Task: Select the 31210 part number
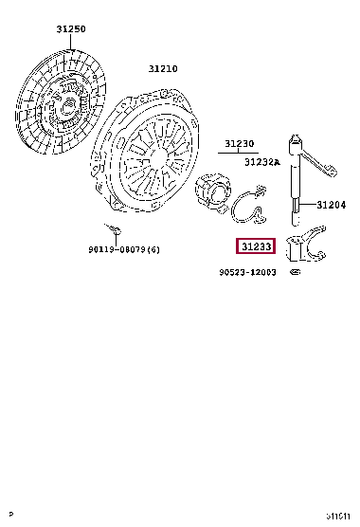coord(162,68)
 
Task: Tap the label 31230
coord(240,145)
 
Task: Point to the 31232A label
coord(262,162)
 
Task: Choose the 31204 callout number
coord(332,205)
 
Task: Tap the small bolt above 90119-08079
coord(113,230)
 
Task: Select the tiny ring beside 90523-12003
coord(294,273)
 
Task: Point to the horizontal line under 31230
coord(240,153)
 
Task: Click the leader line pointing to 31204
coord(310,204)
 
